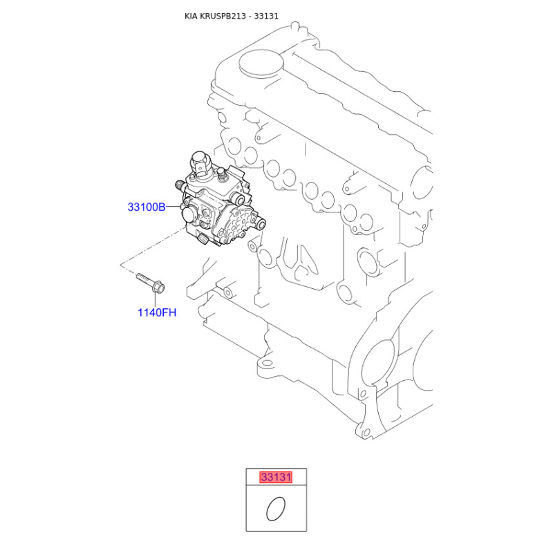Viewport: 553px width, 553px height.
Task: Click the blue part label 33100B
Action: pyautogui.click(x=147, y=207)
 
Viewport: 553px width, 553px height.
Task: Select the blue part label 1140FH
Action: pyautogui.click(x=157, y=312)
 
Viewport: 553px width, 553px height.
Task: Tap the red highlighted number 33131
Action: pyautogui.click(x=276, y=477)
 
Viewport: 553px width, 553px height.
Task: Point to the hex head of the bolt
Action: pyautogui.click(x=158, y=286)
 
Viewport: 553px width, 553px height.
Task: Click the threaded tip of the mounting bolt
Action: pyautogui.click(x=140, y=276)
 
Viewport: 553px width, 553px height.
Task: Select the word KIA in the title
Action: pyautogui.click(x=191, y=16)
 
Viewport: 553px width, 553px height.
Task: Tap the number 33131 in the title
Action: pyautogui.click(x=266, y=16)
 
